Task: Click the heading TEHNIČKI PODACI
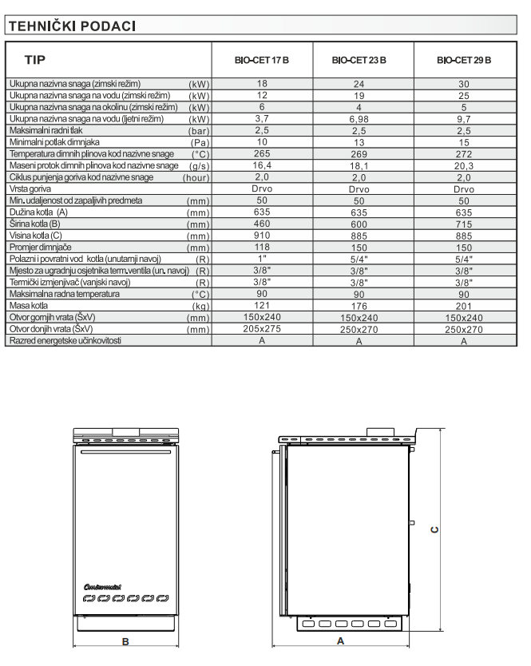point(72,27)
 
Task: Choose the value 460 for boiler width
point(261,225)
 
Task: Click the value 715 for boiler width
point(464,225)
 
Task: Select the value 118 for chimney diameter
point(261,248)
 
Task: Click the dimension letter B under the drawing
point(125,640)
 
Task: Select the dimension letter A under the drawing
point(340,640)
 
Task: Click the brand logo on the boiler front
point(101,587)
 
